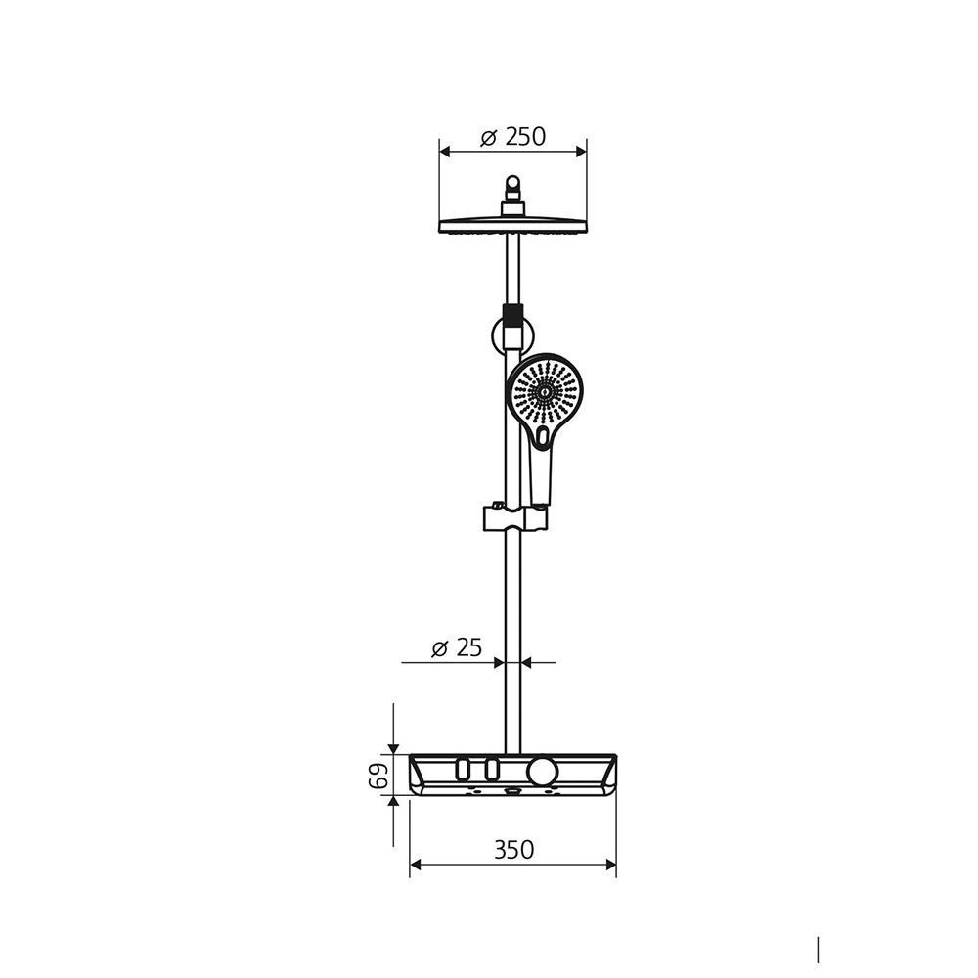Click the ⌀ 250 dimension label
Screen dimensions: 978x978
pyautogui.click(x=513, y=137)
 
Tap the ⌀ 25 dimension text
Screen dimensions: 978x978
pyautogui.click(x=457, y=646)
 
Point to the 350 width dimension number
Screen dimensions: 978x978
pyautogui.click(x=513, y=850)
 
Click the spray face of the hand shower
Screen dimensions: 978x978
pyautogui.click(x=544, y=391)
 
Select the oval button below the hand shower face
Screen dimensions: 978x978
pyautogui.click(x=543, y=437)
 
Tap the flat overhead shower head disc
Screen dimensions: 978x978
pyautogui.click(x=512, y=226)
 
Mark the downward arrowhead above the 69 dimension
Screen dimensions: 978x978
pyautogui.click(x=393, y=748)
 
